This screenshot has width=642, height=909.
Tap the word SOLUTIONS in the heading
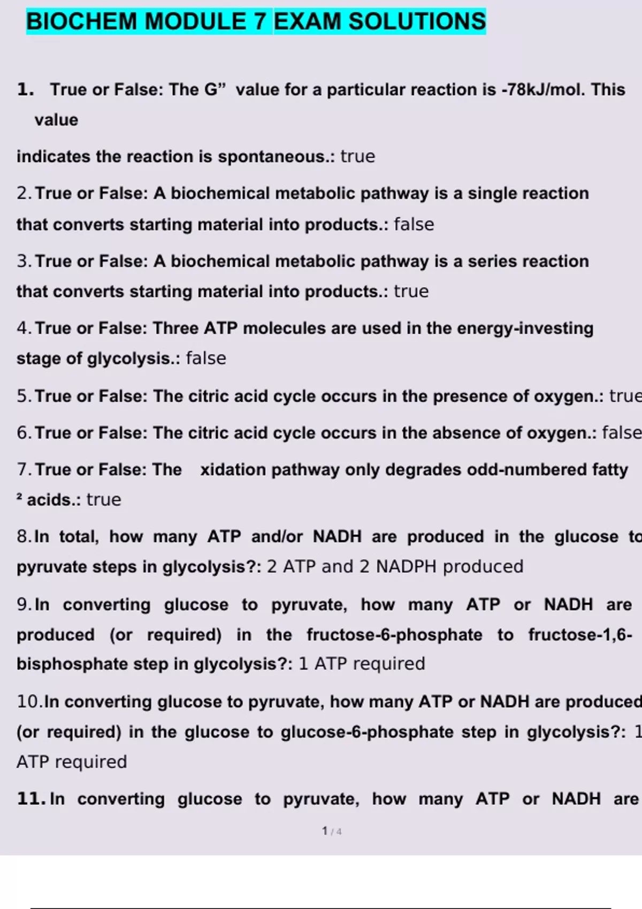click(x=417, y=22)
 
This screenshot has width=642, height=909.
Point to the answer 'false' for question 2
click(x=414, y=224)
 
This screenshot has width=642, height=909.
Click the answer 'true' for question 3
click(x=411, y=291)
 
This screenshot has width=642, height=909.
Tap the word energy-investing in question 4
click(x=525, y=328)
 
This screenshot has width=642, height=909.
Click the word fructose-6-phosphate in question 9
click(x=394, y=635)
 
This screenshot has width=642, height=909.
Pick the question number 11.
click(x=30, y=799)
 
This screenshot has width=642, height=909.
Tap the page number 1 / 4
click(x=332, y=831)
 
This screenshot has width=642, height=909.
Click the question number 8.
click(x=24, y=536)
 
